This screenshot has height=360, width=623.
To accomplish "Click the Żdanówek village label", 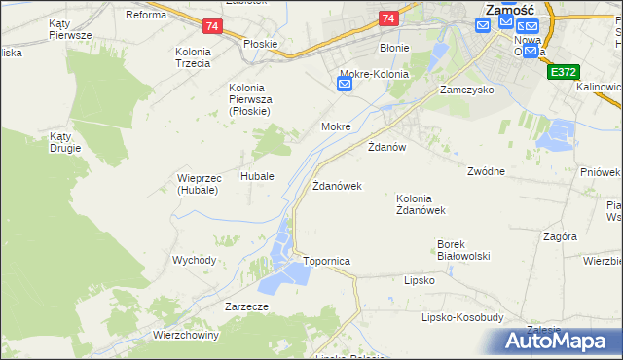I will [337, 186].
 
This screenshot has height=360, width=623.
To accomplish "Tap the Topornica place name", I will [326, 262].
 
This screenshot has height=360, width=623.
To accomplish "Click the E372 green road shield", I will [562, 72].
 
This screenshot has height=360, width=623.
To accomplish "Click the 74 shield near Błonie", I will [388, 18].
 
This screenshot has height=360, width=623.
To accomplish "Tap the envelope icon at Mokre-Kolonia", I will [345, 86].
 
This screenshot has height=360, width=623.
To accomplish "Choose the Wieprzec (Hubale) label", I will [199, 184].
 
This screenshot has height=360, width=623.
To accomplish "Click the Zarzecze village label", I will [246, 306].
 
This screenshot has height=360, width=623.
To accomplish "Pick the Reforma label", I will [145, 15].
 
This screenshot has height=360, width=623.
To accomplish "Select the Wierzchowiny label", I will [186, 335].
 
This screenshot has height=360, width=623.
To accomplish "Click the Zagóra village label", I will [561, 236].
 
